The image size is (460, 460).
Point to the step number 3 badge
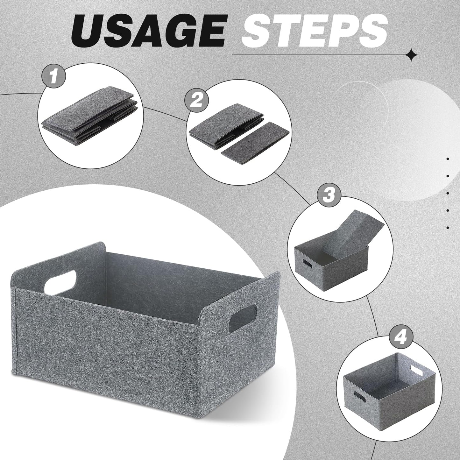click(x=329, y=195)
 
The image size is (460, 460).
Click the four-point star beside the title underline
click(x=412, y=55)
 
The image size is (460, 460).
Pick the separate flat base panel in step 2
click(x=255, y=143)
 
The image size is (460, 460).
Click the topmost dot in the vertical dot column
click(x=448, y=159)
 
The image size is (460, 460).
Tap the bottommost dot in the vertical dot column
click(x=448, y=228)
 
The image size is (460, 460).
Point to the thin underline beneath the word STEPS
click(x=320, y=55)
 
